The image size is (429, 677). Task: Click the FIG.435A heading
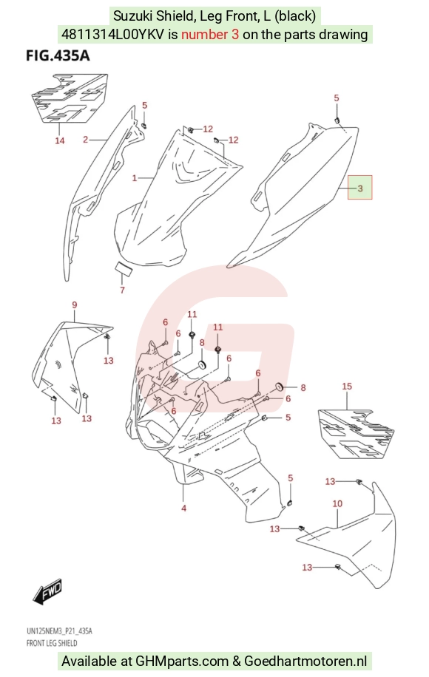(x=58, y=56)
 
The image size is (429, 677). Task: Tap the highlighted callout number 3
(x=360, y=188)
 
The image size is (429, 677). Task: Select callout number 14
(x=60, y=140)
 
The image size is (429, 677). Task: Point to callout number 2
(x=86, y=140)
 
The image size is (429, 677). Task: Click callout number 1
(x=135, y=178)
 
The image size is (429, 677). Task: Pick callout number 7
(x=122, y=290)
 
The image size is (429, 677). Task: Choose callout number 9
(x=74, y=305)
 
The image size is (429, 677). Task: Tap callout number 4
(x=183, y=508)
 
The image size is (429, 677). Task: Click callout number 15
(x=347, y=387)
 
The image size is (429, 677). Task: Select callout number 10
(x=337, y=503)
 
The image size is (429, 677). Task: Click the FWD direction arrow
(x=47, y=591)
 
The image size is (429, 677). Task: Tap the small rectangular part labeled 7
(x=123, y=268)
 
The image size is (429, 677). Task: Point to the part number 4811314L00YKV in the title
(x=112, y=34)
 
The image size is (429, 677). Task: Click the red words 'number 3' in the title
(x=210, y=34)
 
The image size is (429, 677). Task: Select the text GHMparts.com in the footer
(x=182, y=661)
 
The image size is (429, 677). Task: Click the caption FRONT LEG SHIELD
(x=52, y=643)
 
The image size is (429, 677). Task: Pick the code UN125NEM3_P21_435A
(x=59, y=631)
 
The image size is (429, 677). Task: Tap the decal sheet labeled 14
(x=69, y=98)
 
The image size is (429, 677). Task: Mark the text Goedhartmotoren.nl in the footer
(x=305, y=661)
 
